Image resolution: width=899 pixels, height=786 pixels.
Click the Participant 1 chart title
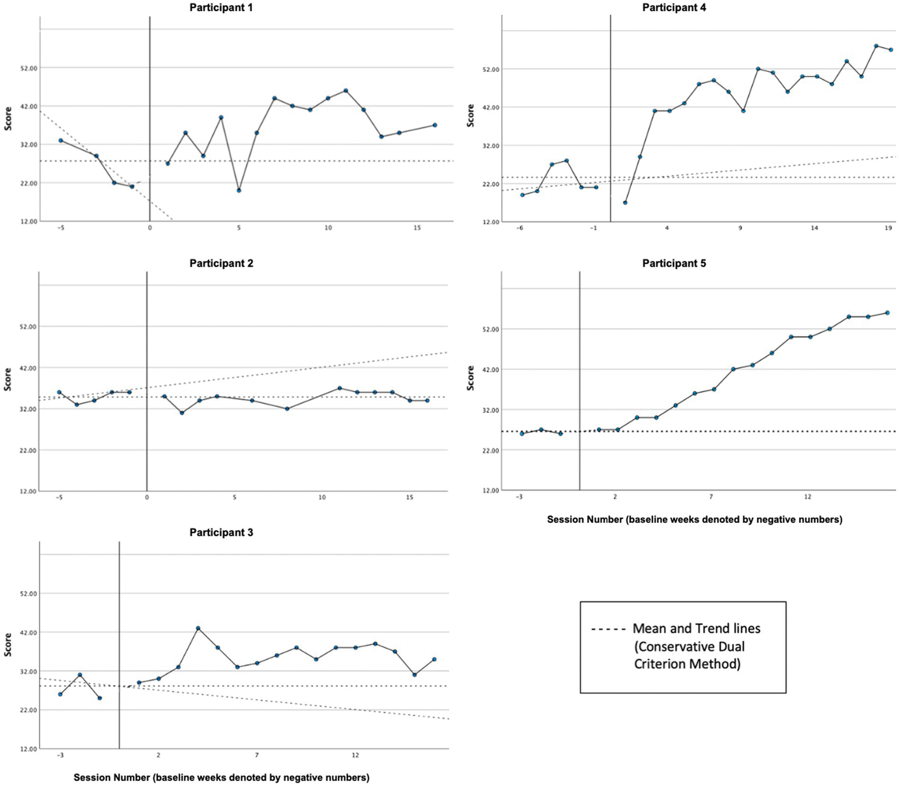tap(221, 8)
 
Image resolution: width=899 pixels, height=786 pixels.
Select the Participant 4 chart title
tap(674, 8)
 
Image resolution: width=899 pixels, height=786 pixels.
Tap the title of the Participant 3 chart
tap(221, 532)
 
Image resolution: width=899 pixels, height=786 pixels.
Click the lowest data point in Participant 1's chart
tap(239, 190)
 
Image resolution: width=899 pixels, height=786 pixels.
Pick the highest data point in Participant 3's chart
tap(198, 628)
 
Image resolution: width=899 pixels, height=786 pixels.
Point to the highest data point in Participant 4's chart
tap(876, 46)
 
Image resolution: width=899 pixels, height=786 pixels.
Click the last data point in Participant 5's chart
tap(887, 312)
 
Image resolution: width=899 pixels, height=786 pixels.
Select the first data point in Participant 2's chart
tap(59, 392)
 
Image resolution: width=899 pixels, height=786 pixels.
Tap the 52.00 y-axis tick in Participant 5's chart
tap(491, 329)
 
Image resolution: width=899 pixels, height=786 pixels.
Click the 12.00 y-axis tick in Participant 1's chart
tap(29, 222)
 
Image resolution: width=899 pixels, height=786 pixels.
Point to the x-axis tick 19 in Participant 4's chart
tap(888, 228)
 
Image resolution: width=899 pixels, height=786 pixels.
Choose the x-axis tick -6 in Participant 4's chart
tap(519, 228)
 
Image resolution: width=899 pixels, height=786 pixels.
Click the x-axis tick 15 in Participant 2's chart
tap(409, 498)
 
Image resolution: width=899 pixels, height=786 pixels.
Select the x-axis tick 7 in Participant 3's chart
tap(257, 756)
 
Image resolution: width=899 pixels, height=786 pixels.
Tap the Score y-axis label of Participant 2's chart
tap(8, 379)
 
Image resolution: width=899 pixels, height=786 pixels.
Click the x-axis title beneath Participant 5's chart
tap(694, 519)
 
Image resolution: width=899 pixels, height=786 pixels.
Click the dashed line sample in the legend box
tap(609, 630)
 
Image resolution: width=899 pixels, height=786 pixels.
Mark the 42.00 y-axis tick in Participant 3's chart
tap(29, 632)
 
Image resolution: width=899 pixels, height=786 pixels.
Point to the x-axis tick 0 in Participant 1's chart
tap(150, 227)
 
